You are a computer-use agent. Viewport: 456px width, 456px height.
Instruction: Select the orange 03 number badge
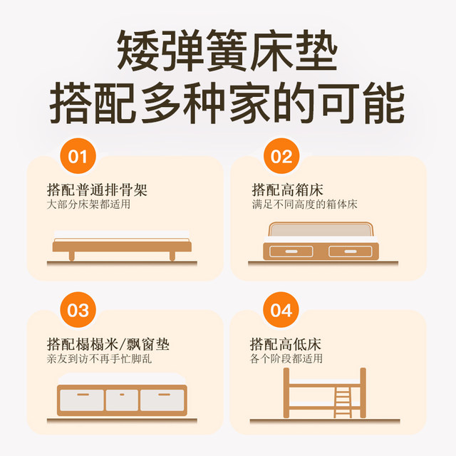point(78,311)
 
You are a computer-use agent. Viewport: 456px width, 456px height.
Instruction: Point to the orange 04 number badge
point(282,311)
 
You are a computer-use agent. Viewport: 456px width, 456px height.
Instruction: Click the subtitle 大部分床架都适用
point(89,205)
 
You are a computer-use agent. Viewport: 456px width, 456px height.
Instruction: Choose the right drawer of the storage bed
point(349,252)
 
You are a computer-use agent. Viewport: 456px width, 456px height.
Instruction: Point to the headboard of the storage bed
point(319,231)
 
